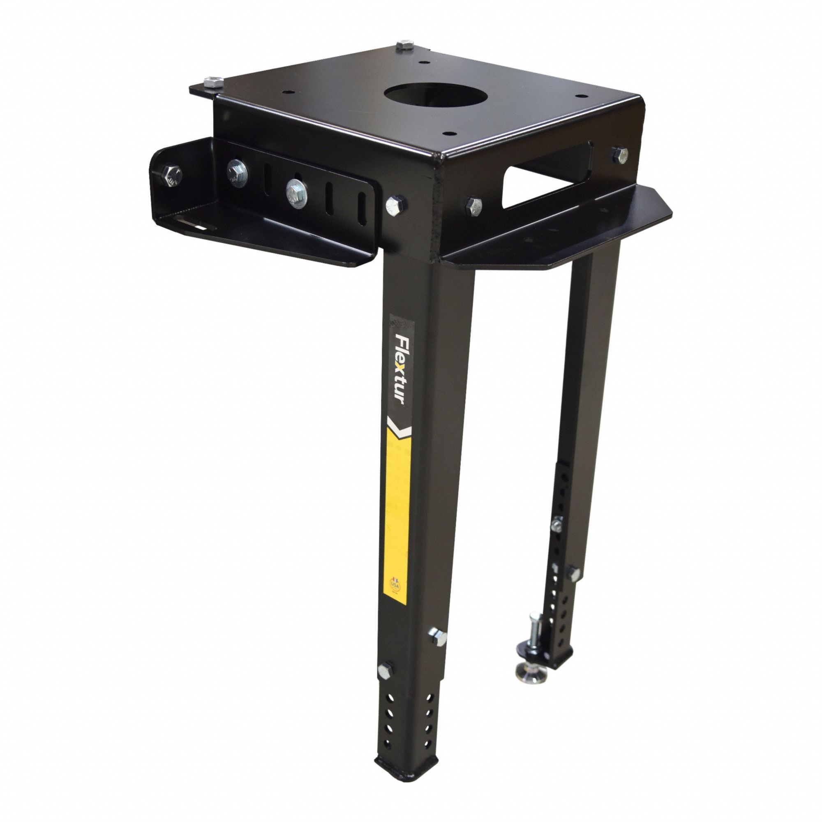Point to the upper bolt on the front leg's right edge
437,637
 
